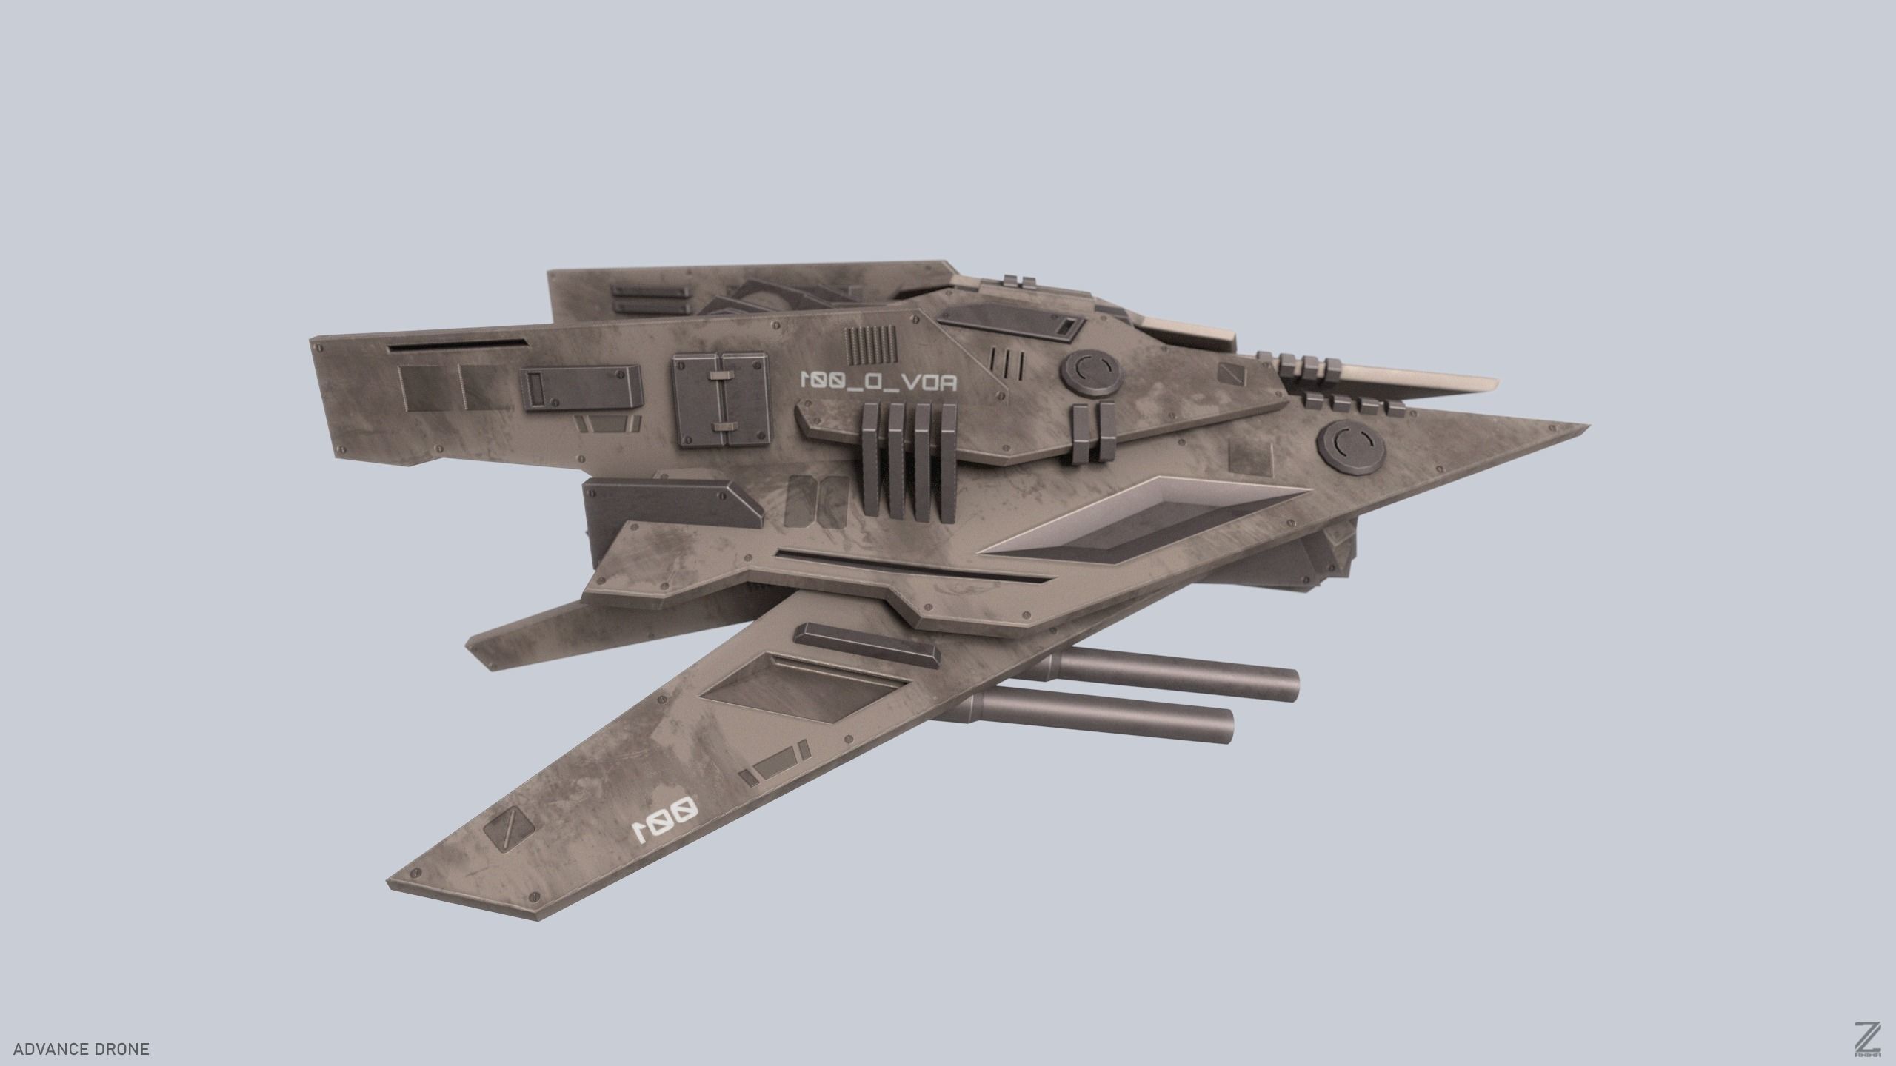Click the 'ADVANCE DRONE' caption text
pyautogui.click(x=81, y=1049)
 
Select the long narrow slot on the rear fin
pyautogui.click(x=457, y=343)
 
